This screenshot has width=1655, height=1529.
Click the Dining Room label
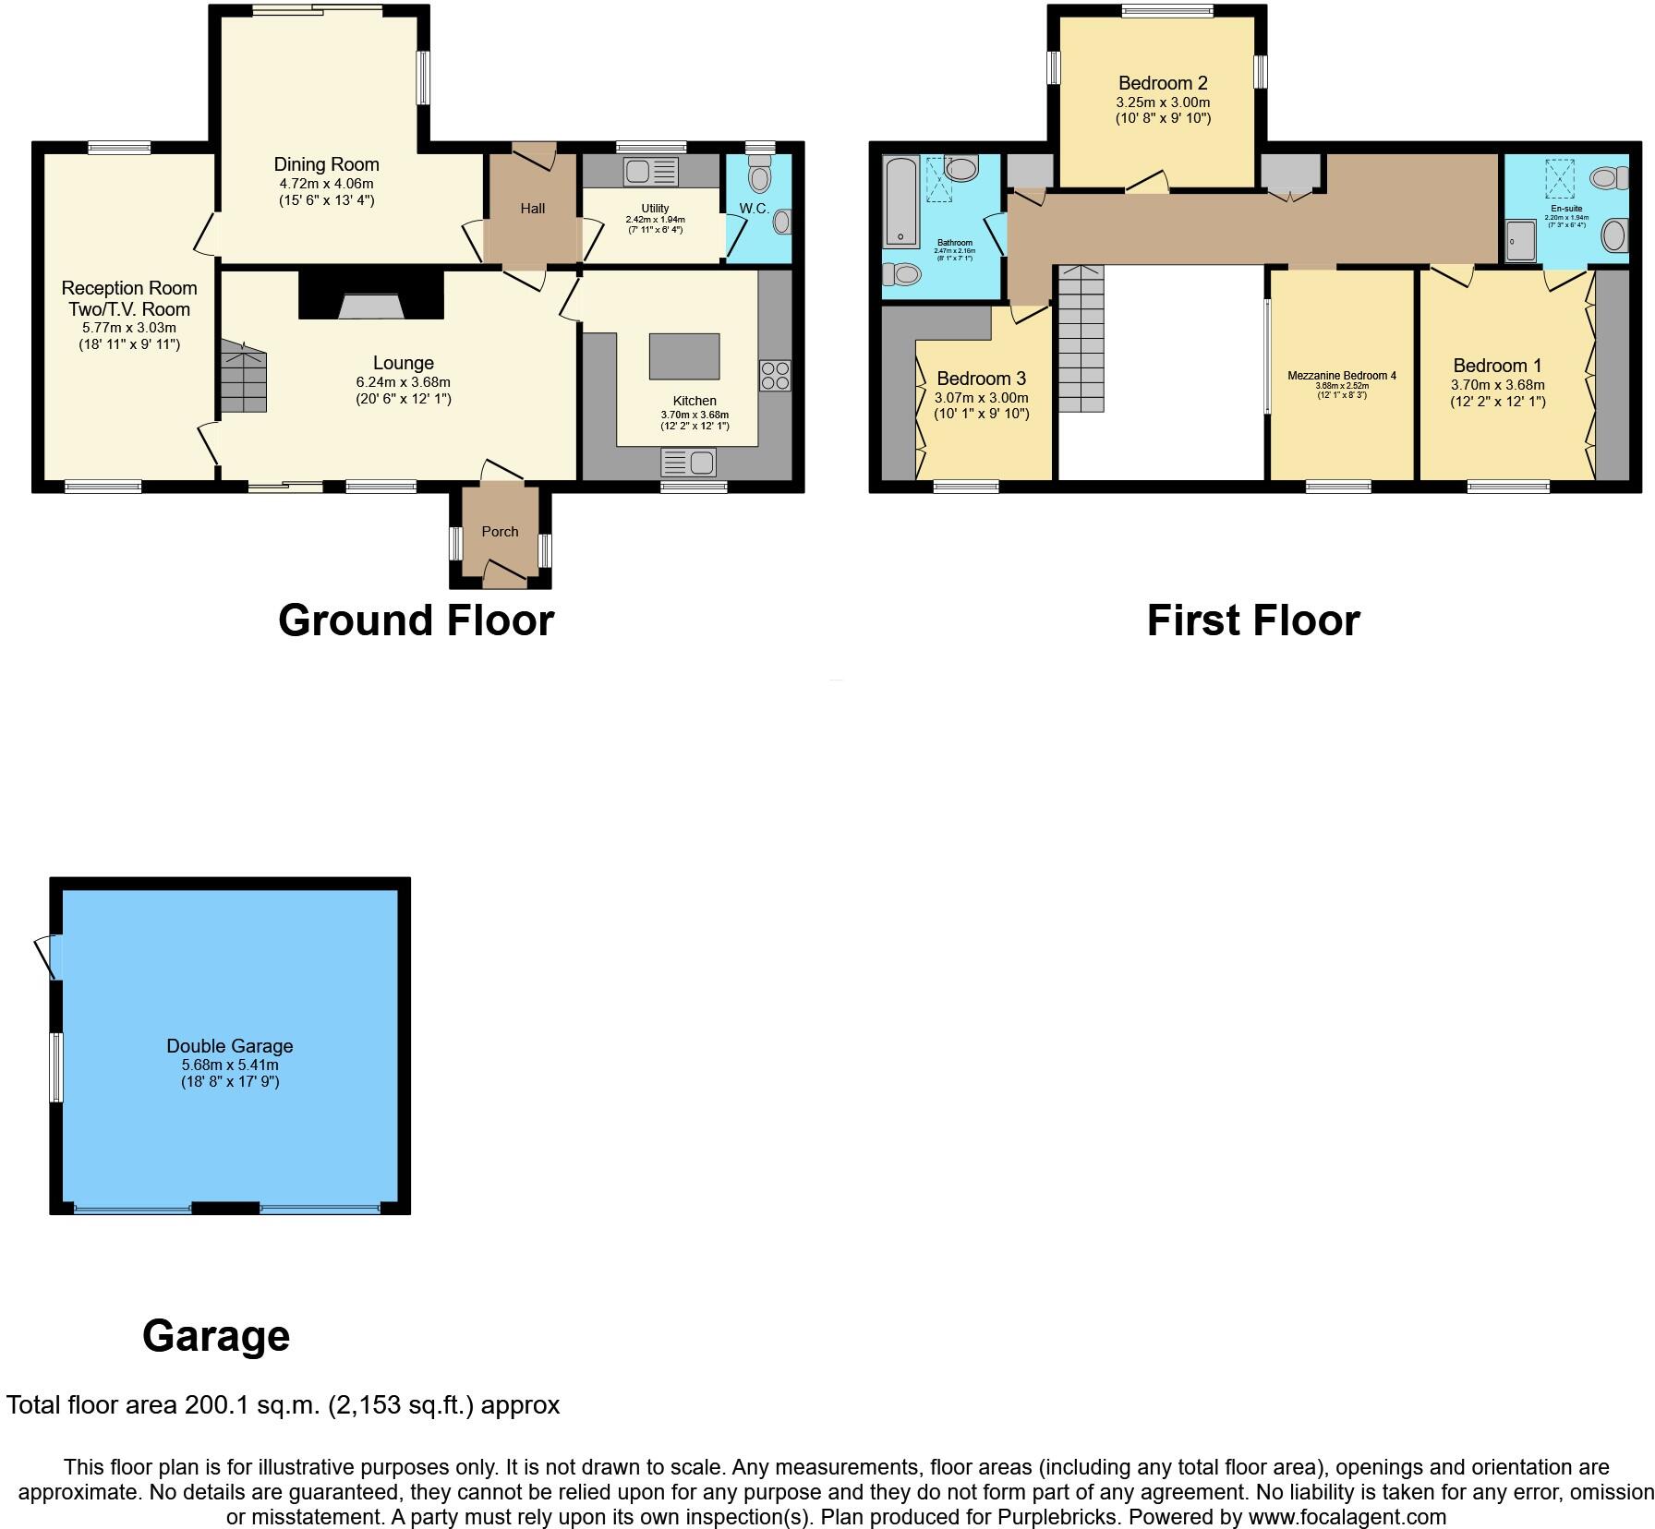click(326, 164)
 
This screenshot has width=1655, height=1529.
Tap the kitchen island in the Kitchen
click(683, 356)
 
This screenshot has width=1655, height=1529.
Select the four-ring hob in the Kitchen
click(775, 376)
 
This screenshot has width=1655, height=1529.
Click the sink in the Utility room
click(650, 172)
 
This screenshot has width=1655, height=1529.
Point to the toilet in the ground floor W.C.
click(759, 175)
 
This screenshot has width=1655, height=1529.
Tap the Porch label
click(500, 532)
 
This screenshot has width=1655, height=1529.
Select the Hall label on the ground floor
click(532, 209)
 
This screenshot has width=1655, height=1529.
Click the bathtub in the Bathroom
click(899, 200)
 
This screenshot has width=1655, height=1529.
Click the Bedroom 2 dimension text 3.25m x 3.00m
click(1163, 102)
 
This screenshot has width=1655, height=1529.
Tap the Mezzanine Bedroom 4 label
click(1341, 376)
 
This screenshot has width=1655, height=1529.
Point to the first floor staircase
click(1080, 339)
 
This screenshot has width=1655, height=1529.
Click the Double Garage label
click(229, 1046)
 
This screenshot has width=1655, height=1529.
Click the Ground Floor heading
click(416, 620)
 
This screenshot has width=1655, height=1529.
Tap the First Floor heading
click(1252, 620)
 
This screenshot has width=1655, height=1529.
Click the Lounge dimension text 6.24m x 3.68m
click(403, 382)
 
